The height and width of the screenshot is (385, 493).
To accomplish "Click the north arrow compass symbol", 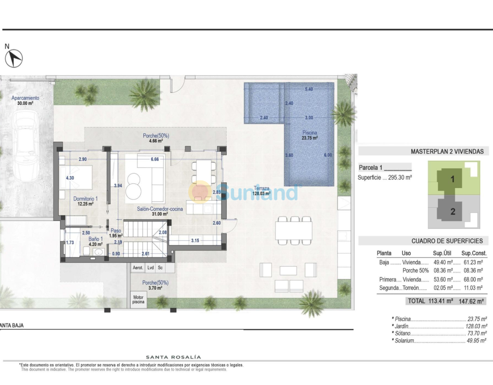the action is [x=14, y=58].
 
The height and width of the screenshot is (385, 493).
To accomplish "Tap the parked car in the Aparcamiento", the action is [x=26, y=147].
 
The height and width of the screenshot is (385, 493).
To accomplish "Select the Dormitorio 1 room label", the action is [x=86, y=201].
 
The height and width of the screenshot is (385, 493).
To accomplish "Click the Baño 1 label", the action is [x=96, y=242].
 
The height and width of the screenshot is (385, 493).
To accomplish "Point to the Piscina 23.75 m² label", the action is [x=310, y=135].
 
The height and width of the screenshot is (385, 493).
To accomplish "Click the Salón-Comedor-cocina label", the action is [x=160, y=211].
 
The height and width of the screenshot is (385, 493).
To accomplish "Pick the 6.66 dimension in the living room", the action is [x=155, y=159].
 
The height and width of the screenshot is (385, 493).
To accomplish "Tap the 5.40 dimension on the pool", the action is [x=309, y=89].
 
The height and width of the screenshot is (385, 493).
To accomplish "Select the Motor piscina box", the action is [x=138, y=299].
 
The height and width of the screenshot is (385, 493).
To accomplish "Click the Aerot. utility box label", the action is [x=138, y=268].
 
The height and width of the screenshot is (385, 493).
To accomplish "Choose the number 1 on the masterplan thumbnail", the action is [x=453, y=179].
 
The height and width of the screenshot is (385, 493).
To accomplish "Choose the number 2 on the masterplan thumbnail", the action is [x=453, y=212].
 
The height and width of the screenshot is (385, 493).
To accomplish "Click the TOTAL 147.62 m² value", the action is [x=471, y=301].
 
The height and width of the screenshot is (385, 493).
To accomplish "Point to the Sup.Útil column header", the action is [x=442, y=253].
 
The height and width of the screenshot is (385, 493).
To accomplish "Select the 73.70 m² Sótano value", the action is [x=477, y=334].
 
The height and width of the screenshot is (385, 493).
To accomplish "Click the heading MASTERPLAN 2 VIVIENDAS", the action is [x=447, y=152].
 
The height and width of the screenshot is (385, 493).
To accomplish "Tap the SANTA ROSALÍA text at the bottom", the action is [x=173, y=357].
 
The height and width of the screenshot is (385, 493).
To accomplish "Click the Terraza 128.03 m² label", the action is [x=261, y=191].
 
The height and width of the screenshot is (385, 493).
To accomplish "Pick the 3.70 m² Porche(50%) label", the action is [x=156, y=285].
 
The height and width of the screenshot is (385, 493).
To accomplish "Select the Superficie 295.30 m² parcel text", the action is [x=385, y=178].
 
